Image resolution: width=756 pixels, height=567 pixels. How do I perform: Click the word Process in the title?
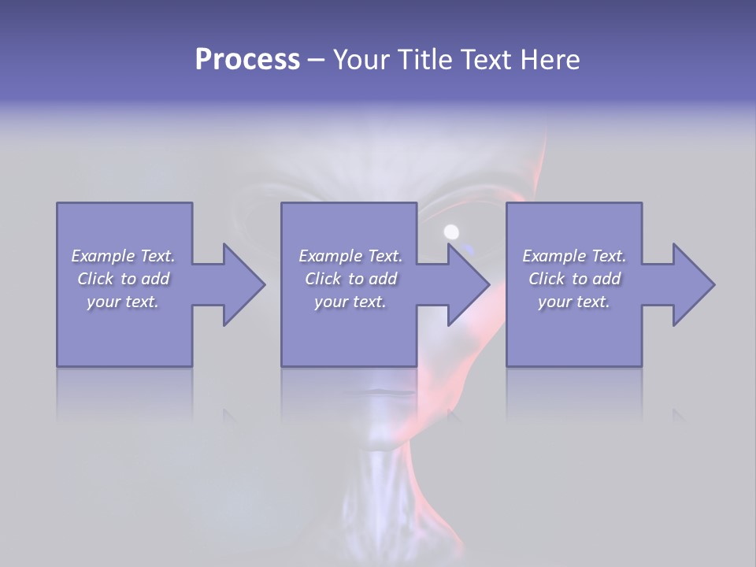coord(247,60)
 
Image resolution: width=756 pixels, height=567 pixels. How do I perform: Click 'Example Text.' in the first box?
coord(123,256)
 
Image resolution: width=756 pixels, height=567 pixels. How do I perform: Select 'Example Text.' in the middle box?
coord(350,256)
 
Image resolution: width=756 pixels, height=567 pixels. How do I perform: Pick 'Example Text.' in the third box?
coord(574,256)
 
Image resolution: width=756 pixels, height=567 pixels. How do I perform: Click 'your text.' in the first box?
coord(123,302)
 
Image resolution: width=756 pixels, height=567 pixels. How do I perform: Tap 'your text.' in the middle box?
coord(350,302)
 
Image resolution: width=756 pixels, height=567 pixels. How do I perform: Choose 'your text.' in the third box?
coord(574,302)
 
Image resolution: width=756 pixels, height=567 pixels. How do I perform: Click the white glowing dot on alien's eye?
coord(451,232)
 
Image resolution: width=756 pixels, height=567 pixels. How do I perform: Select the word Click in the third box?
coord(547,279)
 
